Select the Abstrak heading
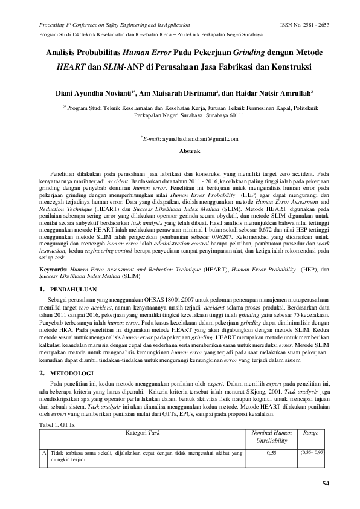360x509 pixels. (x=179, y=150)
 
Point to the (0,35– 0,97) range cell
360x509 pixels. (x=312, y=452)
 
